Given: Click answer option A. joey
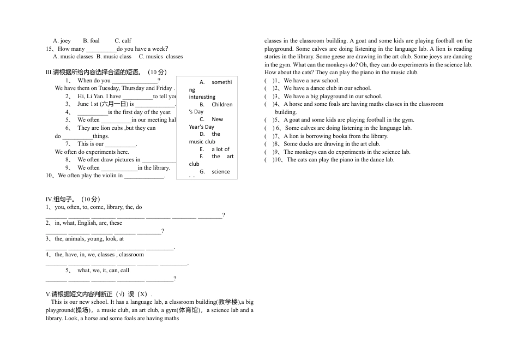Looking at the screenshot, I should tap(62, 40).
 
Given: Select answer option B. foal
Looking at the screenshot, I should tap(91, 40).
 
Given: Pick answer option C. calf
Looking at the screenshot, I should tap(123, 40).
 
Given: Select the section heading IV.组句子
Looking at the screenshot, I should tap(73, 199).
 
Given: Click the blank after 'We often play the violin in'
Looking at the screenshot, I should tap(144, 176).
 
